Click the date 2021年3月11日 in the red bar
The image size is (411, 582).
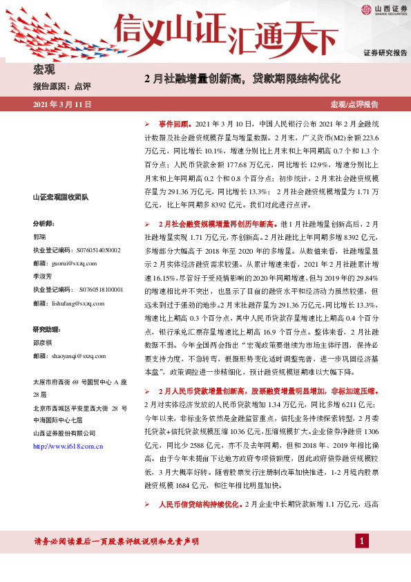coord(62,104)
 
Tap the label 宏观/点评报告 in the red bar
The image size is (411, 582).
coord(355,104)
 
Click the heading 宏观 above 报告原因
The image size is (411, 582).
coord(44,69)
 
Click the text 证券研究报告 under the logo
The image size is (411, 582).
coord(385,53)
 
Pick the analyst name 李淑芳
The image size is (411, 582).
coord(44,276)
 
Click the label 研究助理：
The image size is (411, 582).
coord(47,328)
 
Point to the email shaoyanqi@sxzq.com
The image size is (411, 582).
coord(79,355)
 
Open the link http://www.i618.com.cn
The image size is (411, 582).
coord(68,446)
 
